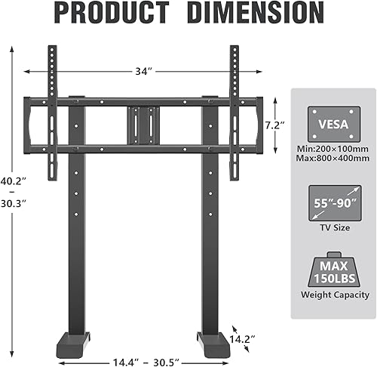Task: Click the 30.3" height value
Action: click(x=14, y=204)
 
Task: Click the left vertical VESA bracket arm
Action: click(x=52, y=113)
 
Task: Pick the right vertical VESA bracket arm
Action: click(x=234, y=113)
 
